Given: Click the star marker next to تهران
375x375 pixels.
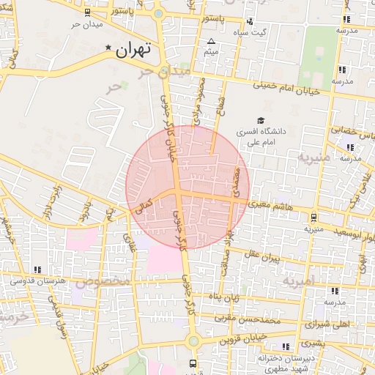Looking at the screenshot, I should [x=109, y=48].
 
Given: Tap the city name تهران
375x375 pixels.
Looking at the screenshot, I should [x=133, y=50].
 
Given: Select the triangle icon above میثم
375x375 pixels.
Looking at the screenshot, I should [x=212, y=41].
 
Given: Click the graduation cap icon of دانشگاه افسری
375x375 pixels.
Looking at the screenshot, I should [x=260, y=121].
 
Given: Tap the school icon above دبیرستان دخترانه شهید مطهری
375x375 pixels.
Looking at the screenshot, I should [x=285, y=346].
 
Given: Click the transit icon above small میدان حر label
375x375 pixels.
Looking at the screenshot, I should [x=88, y=13].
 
